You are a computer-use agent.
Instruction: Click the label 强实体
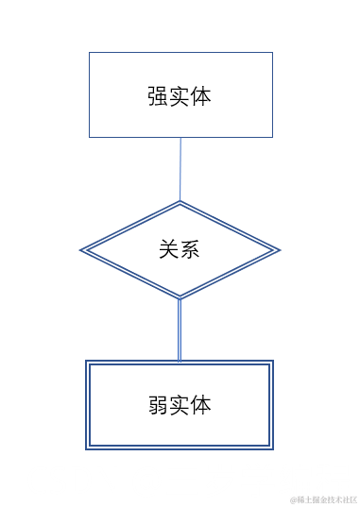(x=180, y=96)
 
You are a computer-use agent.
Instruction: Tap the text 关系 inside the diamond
(x=180, y=250)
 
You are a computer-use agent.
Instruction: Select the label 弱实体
(x=180, y=405)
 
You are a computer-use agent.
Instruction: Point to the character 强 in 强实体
(x=158, y=96)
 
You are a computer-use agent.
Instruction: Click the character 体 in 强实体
(x=201, y=96)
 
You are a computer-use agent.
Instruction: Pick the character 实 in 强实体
(x=180, y=96)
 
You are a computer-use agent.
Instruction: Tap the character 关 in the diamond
(x=168, y=250)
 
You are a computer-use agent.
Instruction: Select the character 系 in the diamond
(x=190, y=250)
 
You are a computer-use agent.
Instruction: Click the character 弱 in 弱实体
(x=158, y=405)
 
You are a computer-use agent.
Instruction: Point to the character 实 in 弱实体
(x=180, y=405)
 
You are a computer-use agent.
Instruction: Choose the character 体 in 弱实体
(x=201, y=405)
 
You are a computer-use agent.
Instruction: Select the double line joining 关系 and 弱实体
(x=180, y=330)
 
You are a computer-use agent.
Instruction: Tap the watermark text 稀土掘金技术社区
(x=323, y=498)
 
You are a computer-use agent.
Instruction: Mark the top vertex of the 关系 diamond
(x=180, y=202)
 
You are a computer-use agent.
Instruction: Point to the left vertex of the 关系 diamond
(x=81, y=250)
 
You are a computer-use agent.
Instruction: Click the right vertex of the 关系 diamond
(x=280, y=250)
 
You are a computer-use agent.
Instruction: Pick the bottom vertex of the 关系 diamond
(x=180, y=298)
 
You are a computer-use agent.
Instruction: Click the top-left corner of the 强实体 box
(x=90, y=53)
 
